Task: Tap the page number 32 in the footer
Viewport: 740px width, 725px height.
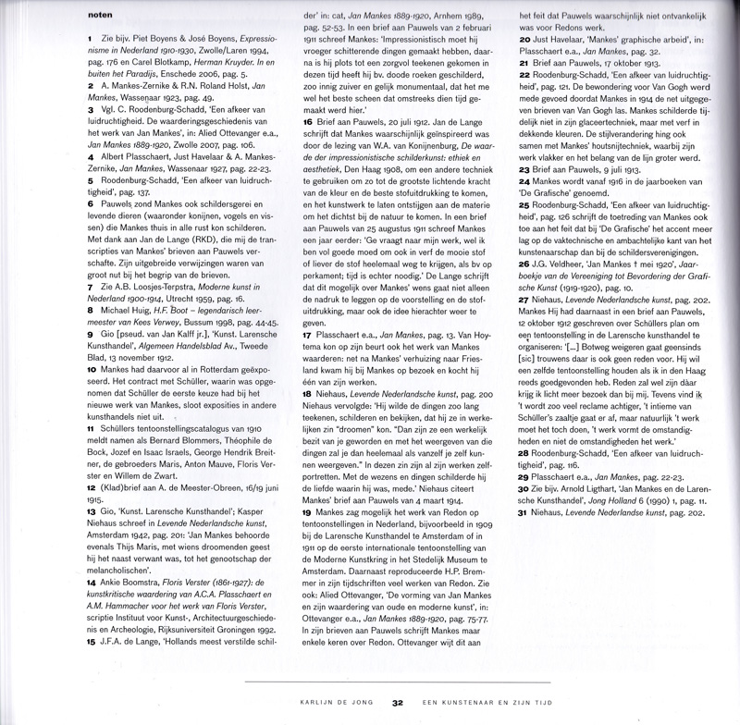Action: (x=398, y=703)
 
